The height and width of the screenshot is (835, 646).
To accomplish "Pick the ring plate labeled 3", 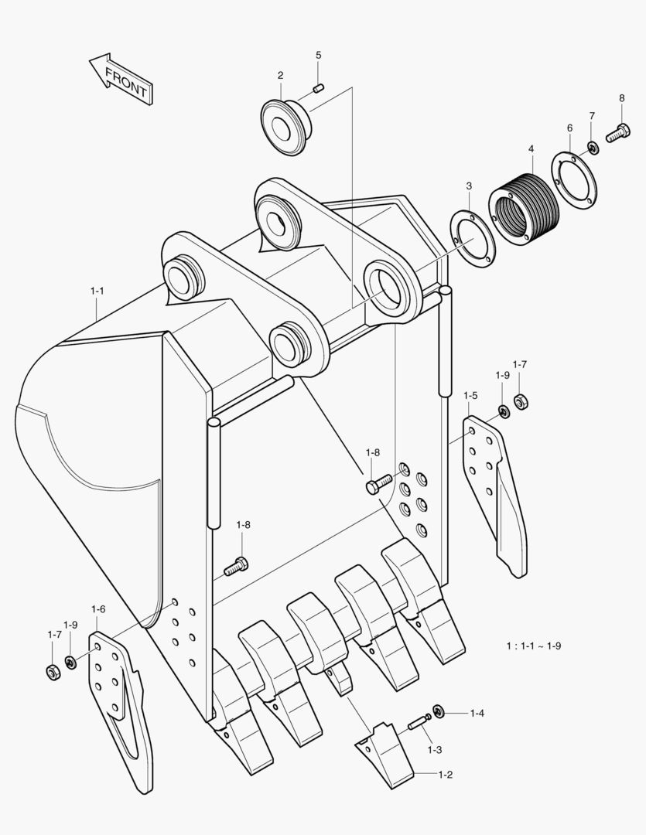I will [x=473, y=238].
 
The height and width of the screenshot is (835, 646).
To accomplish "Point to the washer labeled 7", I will [x=592, y=147].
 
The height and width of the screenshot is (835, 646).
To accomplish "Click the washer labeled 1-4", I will [x=438, y=711].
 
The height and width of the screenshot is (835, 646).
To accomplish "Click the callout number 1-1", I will [x=97, y=291].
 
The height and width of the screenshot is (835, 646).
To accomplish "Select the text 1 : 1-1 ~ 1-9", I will [x=534, y=646].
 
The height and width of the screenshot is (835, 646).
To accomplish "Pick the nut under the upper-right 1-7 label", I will [x=521, y=401].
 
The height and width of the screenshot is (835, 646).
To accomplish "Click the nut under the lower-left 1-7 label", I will [x=53, y=672].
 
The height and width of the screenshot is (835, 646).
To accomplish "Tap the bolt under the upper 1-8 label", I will [x=378, y=484].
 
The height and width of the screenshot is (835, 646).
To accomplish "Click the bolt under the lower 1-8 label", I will [x=236, y=567].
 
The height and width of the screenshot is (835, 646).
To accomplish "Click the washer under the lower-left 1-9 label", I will [x=70, y=662].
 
